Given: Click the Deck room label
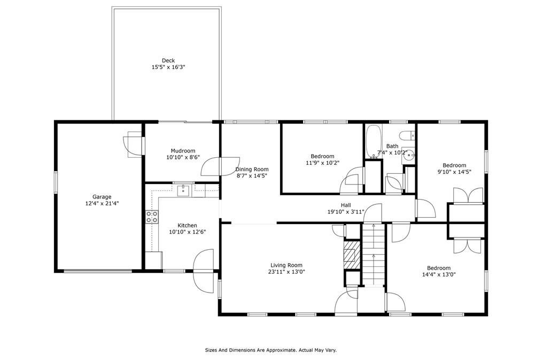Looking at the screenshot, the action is click(168, 60).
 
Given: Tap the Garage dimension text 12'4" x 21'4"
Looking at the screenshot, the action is click(102, 204).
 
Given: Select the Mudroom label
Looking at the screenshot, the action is click(183, 151).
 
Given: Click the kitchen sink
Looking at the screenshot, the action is click(183, 190).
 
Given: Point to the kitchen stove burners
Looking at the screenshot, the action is click(152, 217).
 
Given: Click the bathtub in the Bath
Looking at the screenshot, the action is click(373, 141).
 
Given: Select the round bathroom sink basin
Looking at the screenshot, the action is click(409, 155).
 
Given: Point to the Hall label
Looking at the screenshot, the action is click(346, 205).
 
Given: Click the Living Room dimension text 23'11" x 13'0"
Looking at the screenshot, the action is click(287, 272).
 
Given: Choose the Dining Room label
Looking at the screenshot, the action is click(252, 170).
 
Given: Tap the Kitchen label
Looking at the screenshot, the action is click(188, 226).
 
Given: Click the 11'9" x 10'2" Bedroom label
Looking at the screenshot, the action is click(322, 156).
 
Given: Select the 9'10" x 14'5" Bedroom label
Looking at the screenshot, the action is click(454, 165).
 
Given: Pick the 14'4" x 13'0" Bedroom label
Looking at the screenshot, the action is click(439, 268).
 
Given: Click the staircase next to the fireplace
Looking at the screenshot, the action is click(373, 255).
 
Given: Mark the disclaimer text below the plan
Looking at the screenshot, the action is click(270, 350).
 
